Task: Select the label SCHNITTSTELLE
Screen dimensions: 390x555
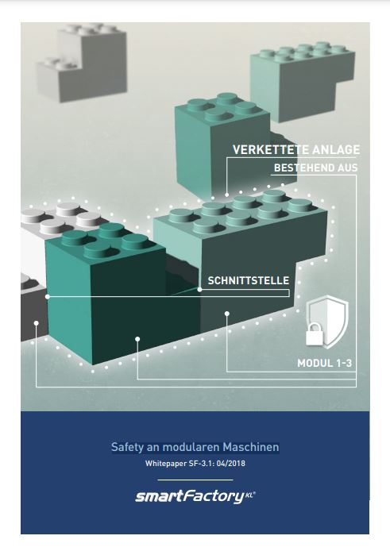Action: coord(249,281)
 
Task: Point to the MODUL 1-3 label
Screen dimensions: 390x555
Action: coord(324,363)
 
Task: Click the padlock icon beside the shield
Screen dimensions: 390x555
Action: coord(315,333)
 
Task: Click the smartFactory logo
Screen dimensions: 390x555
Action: coord(195,496)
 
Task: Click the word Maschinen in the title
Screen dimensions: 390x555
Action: coord(251,447)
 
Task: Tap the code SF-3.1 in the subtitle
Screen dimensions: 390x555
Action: coord(201,464)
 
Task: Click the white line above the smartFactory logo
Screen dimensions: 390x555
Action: coord(195,480)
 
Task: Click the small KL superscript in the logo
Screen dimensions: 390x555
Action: coord(249,495)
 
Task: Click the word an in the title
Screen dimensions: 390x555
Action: coord(153,448)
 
